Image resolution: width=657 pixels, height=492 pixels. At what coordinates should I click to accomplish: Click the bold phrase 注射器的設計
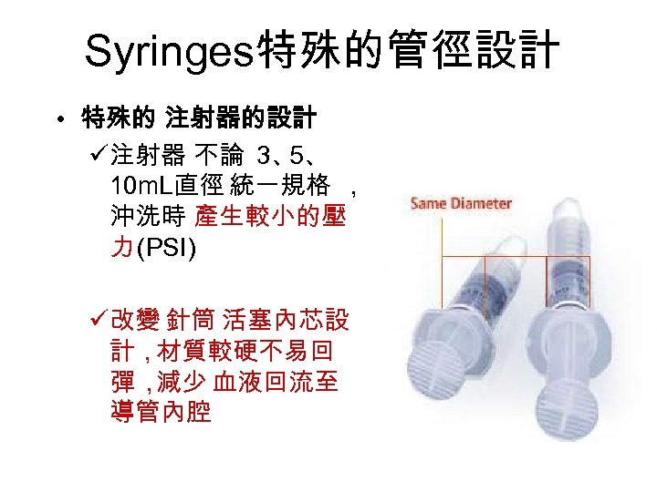(241, 118)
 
